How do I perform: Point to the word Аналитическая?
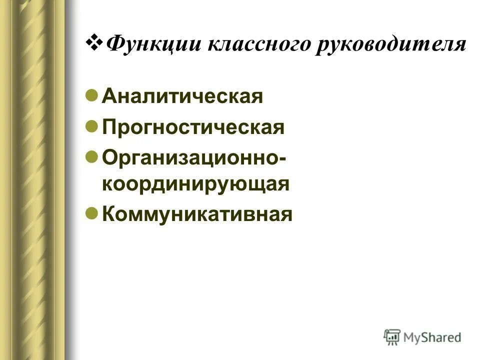tap(182, 96)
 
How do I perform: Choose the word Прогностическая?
tap(193, 127)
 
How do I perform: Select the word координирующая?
tap(196, 184)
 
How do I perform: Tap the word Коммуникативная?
tap(196, 214)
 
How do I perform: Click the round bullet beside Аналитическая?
tap(91, 95)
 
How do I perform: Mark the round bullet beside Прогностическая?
tap(91, 126)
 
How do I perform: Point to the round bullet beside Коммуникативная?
tap(91, 213)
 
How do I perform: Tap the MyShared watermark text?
tap(433, 338)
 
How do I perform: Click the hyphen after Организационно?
tap(283, 158)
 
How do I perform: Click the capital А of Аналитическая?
tap(108, 96)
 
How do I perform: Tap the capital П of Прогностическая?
tap(108, 127)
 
